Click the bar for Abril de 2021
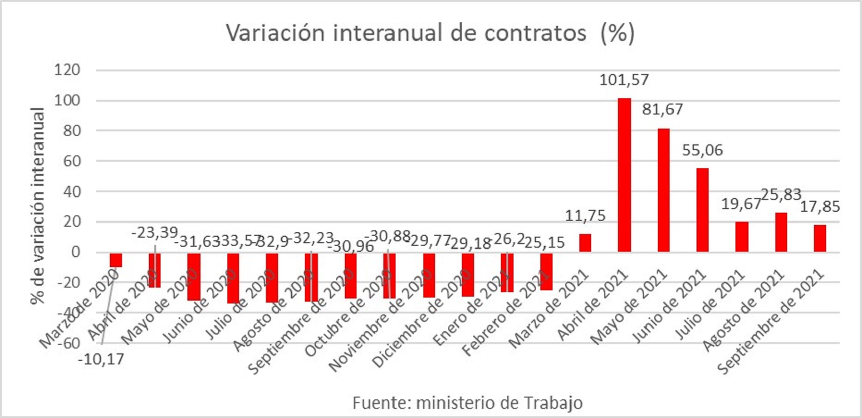point(624,175)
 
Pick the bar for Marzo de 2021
point(585,243)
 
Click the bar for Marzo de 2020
point(116,260)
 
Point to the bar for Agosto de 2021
point(781,232)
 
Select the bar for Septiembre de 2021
point(820,239)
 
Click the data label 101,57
point(624,80)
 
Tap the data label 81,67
point(662,109)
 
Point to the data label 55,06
point(702,150)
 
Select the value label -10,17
point(101,360)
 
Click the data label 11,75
point(585,216)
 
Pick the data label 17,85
point(820,207)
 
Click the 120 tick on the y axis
point(67,70)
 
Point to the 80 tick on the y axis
point(71,131)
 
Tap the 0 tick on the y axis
point(75,252)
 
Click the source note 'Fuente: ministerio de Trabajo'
point(467,403)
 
